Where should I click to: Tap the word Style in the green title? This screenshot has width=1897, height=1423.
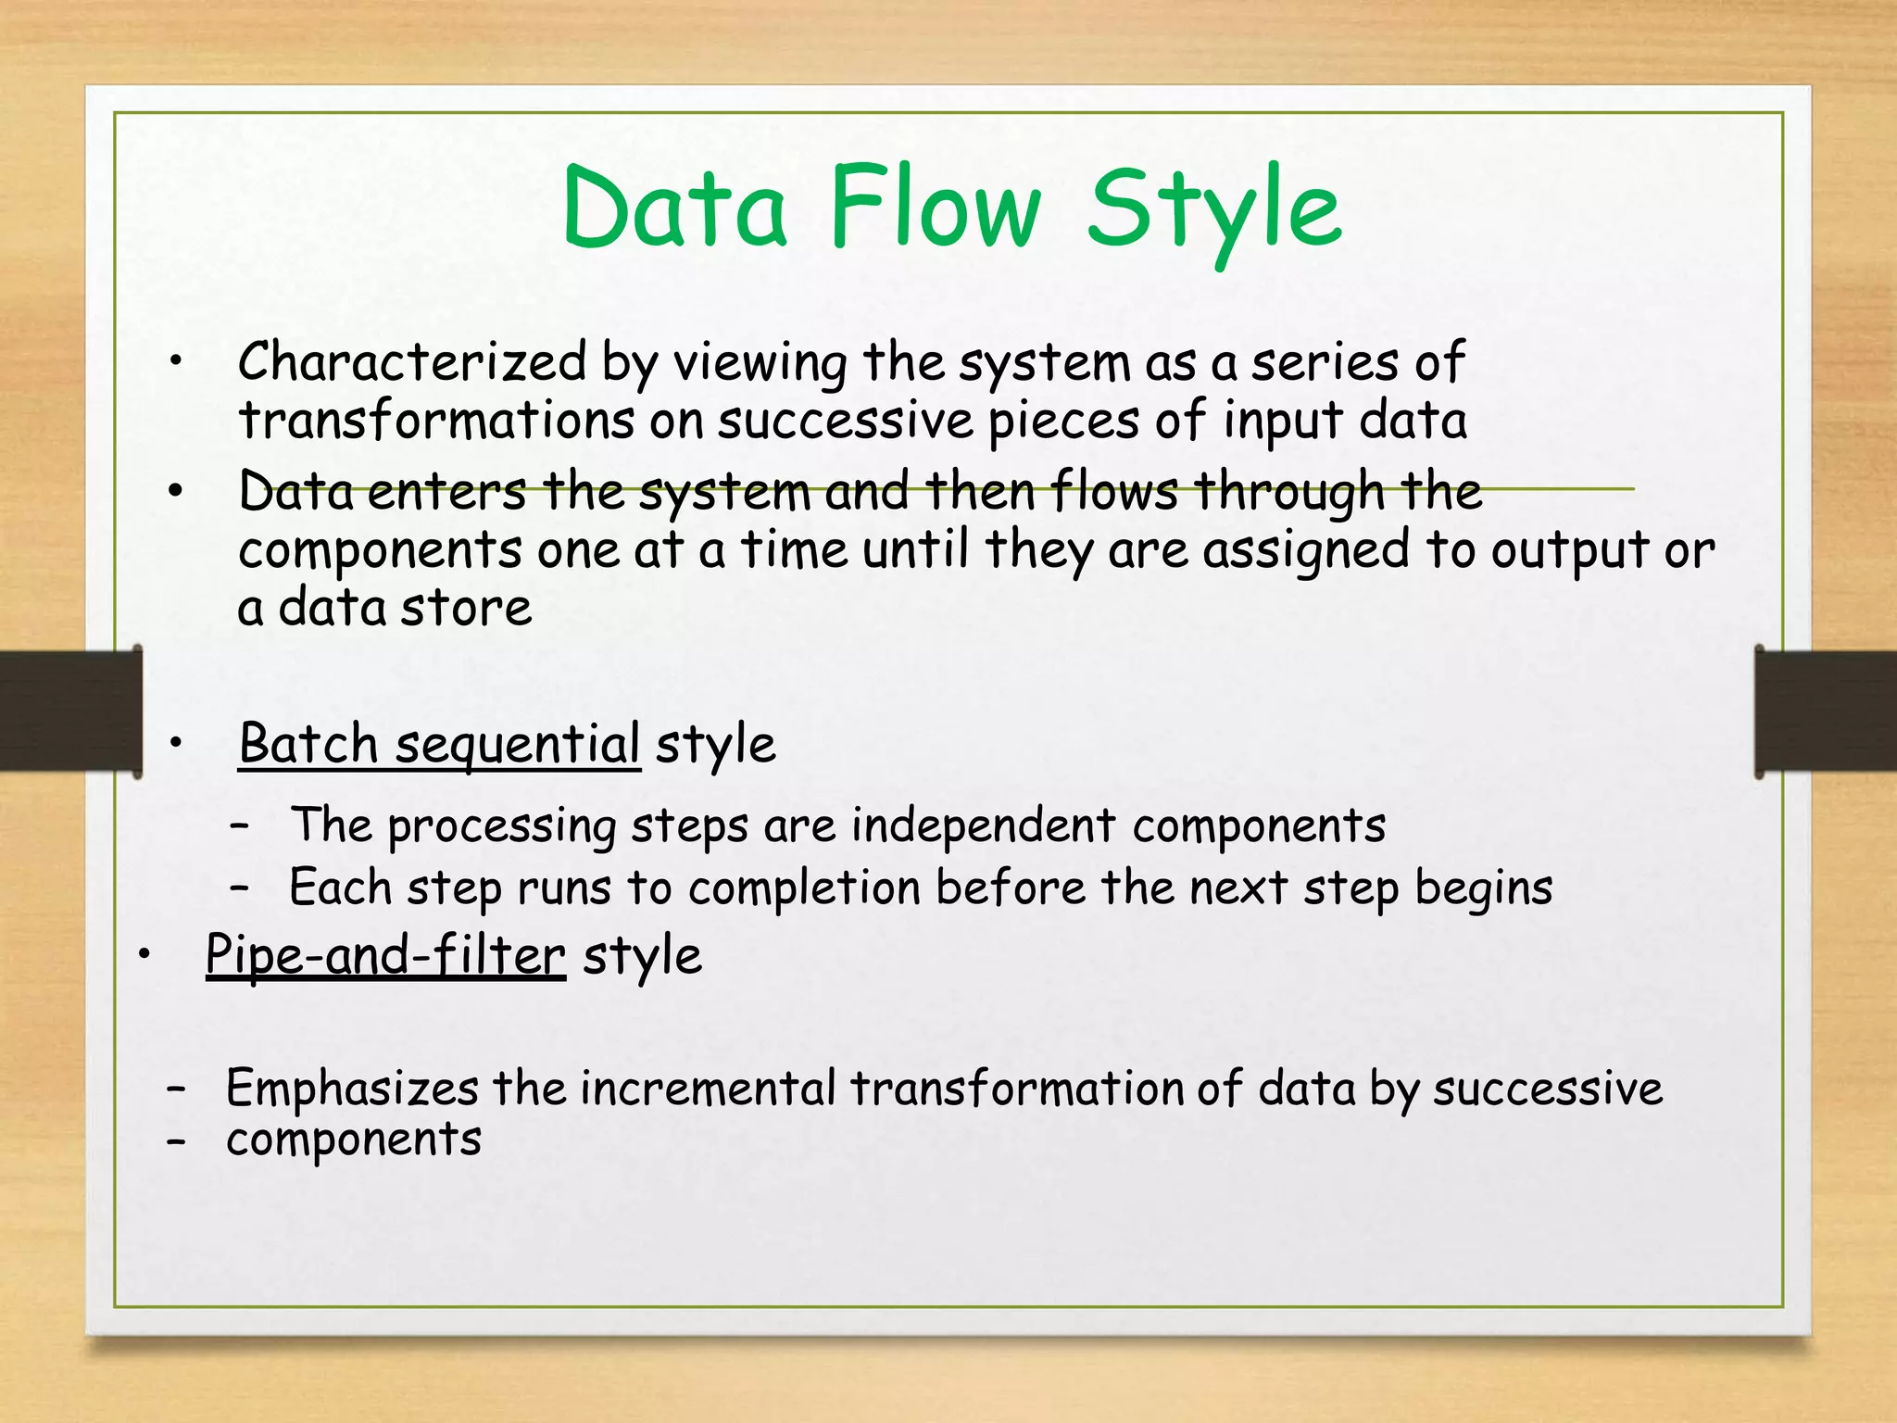[1213, 211]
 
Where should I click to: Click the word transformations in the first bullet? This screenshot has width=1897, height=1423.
[436, 421]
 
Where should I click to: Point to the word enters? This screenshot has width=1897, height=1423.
[447, 492]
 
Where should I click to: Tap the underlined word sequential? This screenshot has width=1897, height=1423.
[518, 746]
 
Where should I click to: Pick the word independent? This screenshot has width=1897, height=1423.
[983, 825]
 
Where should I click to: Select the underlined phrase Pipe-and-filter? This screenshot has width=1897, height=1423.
[385, 955]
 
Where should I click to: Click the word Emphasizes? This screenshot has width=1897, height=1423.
[352, 1089]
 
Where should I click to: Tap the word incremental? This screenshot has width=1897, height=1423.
[708, 1088]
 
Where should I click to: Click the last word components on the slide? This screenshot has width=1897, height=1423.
[354, 1140]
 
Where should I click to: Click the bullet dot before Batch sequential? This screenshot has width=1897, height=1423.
[177, 743]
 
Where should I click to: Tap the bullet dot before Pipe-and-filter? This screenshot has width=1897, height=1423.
[144, 954]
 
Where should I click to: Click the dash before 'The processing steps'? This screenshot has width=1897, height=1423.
[240, 823]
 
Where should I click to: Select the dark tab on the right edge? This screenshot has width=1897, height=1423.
[1825, 711]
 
